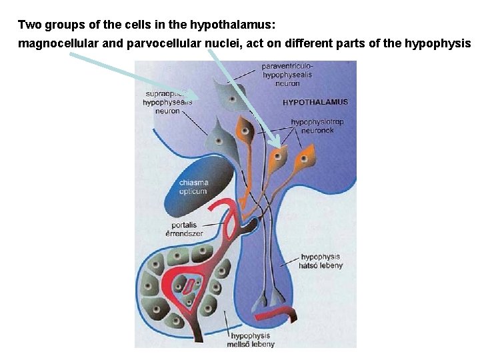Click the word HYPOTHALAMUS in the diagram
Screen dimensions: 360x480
point(315,103)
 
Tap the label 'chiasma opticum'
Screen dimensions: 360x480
point(193,187)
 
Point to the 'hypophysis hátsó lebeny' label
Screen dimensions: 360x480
point(321,261)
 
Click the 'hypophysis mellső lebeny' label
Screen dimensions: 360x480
point(251,340)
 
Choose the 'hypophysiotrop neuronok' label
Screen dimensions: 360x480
point(317,126)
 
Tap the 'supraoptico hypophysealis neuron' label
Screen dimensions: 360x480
point(167,102)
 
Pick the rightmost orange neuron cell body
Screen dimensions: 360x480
point(305,160)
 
